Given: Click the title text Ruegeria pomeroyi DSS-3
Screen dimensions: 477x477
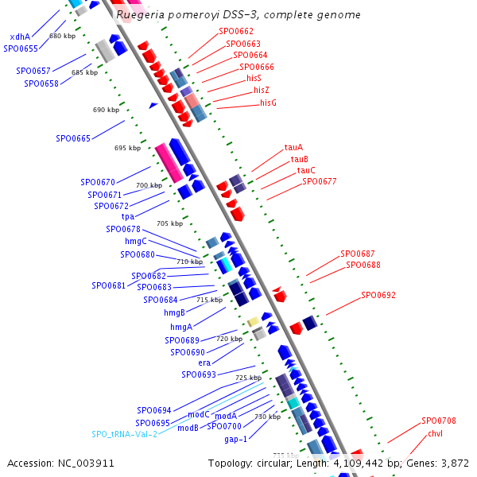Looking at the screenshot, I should [182, 15].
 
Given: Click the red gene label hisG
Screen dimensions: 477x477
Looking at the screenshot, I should [268, 103].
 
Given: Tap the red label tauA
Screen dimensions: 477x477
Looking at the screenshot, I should [293, 147].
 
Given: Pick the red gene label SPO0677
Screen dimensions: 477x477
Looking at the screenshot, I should [319, 181].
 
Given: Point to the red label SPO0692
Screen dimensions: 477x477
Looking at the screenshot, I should [378, 295].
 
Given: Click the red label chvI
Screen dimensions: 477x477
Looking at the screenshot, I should [435, 433].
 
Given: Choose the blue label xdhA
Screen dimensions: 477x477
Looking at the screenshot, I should [20, 37].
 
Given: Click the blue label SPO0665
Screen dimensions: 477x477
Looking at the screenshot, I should [73, 138].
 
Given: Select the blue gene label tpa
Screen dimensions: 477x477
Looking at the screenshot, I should [127, 217].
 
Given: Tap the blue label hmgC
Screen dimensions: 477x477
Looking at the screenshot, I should [136, 241].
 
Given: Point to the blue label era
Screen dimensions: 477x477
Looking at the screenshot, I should [204, 363].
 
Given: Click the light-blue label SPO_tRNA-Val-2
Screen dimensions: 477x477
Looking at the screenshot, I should [124, 434].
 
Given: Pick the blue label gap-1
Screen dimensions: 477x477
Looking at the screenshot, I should [235, 439].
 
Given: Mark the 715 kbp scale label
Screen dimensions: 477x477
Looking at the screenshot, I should [209, 300].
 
